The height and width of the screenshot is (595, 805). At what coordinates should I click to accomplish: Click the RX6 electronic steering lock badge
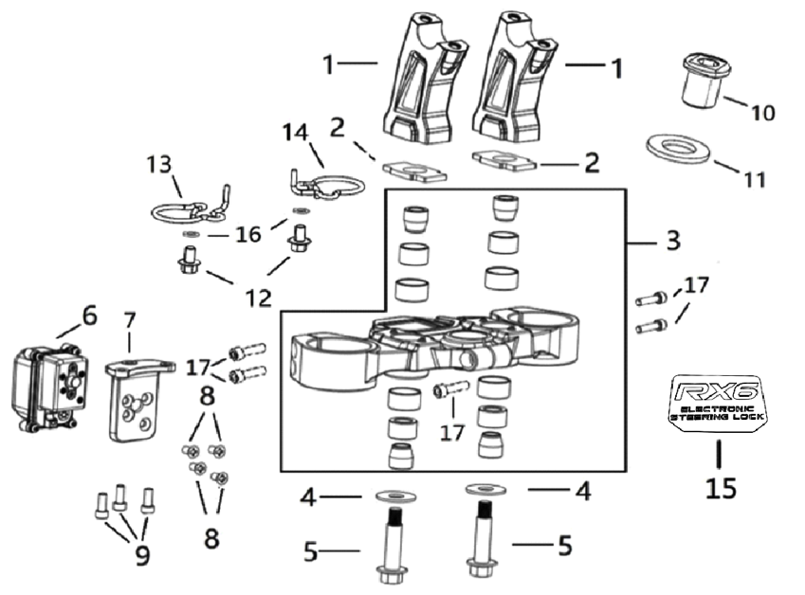pyautogui.click(x=719, y=404)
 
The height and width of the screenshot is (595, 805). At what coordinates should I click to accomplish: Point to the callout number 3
pyautogui.click(x=671, y=241)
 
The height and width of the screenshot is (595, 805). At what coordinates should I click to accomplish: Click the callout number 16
pyautogui.click(x=247, y=235)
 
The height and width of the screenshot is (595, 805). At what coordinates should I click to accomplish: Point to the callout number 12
pyautogui.click(x=257, y=297)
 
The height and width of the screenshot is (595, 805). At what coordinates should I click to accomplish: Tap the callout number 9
pyautogui.click(x=141, y=555)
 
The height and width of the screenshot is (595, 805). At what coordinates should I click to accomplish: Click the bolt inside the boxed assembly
pyautogui.click(x=450, y=389)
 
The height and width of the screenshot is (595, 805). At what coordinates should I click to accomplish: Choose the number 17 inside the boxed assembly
pyautogui.click(x=455, y=432)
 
